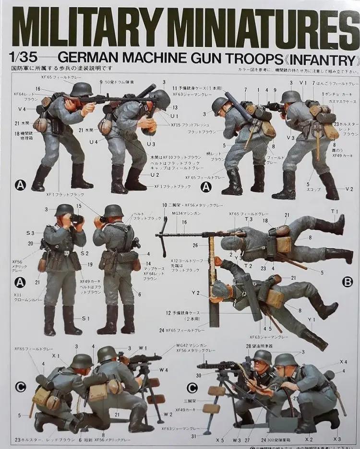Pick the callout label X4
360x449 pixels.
[x=343, y=362]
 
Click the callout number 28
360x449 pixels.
[x=248, y=346]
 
